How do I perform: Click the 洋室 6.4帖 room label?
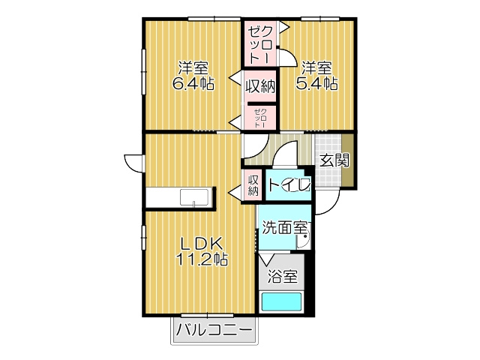tap(193, 75)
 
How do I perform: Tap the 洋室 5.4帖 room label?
tap(316, 75)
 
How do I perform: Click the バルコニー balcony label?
tap(214, 330)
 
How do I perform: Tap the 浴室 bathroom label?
tap(283, 276)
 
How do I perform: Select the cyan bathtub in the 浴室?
tap(280, 301)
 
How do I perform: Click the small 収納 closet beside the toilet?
tap(253, 184)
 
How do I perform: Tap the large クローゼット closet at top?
tap(259, 43)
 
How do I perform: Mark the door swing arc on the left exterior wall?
tap(133, 163)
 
